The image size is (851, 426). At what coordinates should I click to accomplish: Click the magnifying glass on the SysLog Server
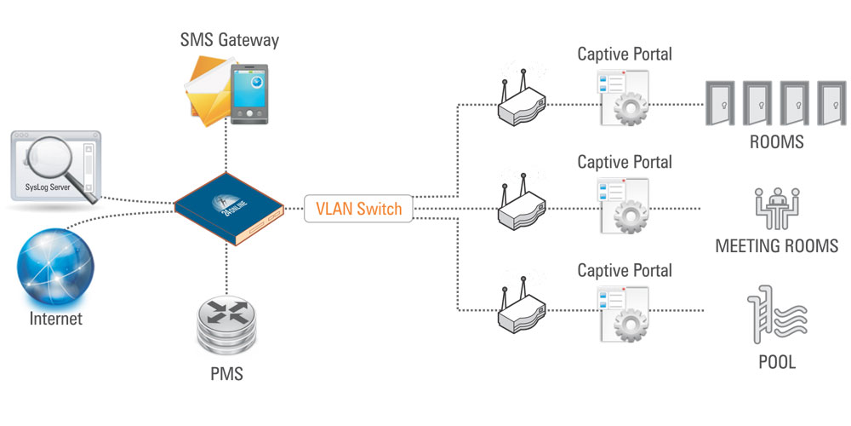click(60, 163)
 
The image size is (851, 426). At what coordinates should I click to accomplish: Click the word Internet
click(56, 319)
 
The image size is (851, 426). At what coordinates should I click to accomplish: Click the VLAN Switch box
click(358, 209)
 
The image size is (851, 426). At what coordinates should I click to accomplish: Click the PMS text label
click(228, 372)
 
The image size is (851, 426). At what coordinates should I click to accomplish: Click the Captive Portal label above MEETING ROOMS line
click(624, 162)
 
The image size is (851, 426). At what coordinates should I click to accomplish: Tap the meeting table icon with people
click(774, 205)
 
